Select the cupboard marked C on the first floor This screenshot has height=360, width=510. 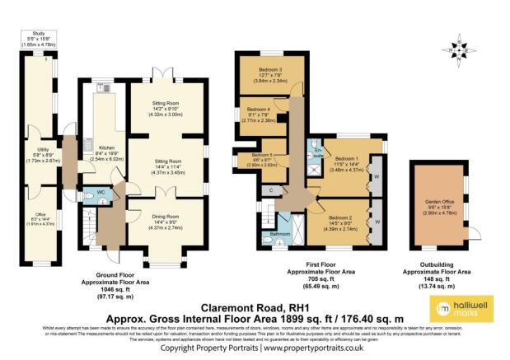[271, 190]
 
